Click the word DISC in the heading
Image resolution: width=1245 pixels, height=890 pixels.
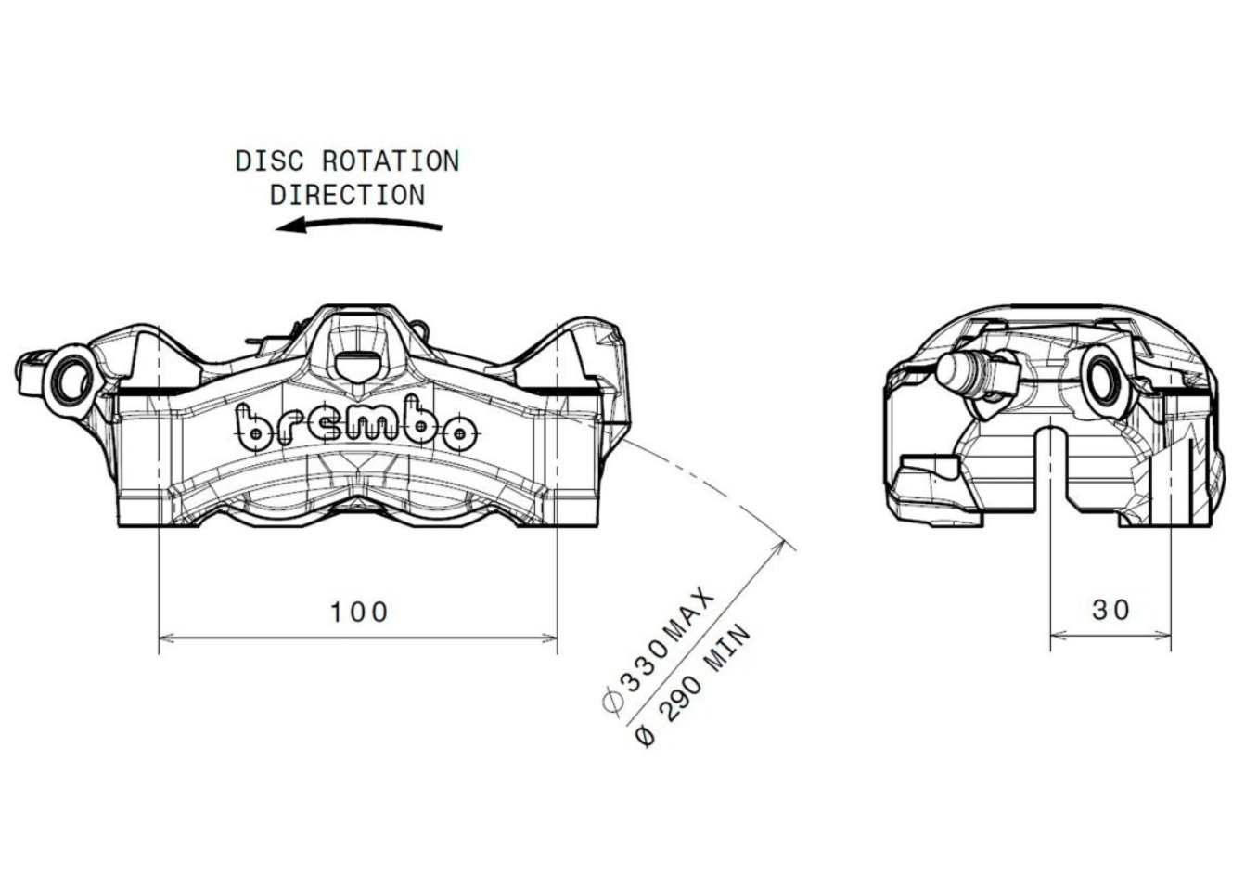click(270, 161)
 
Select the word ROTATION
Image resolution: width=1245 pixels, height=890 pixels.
click(391, 161)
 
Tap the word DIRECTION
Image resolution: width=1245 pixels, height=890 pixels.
click(348, 195)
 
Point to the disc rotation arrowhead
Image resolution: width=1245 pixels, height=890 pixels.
click(290, 226)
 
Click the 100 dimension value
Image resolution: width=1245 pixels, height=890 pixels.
click(358, 612)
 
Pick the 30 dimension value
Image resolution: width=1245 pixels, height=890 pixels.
click(1110, 610)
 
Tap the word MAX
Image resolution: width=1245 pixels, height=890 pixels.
click(688, 614)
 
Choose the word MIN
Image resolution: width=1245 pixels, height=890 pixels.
click(728, 648)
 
